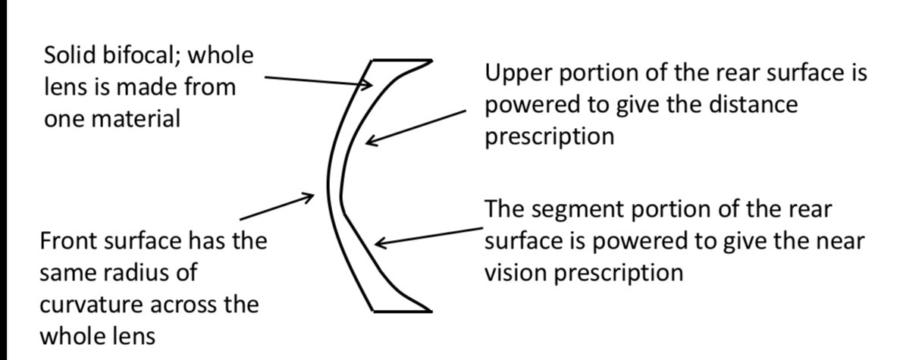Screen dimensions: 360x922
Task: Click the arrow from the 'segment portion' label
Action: click(429, 236)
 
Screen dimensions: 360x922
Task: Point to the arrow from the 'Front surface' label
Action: click(277, 208)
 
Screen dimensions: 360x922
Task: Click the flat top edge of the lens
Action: click(402, 60)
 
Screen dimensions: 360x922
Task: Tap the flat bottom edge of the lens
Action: click(402, 311)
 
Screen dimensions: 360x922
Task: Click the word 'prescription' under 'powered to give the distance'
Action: click(549, 136)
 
